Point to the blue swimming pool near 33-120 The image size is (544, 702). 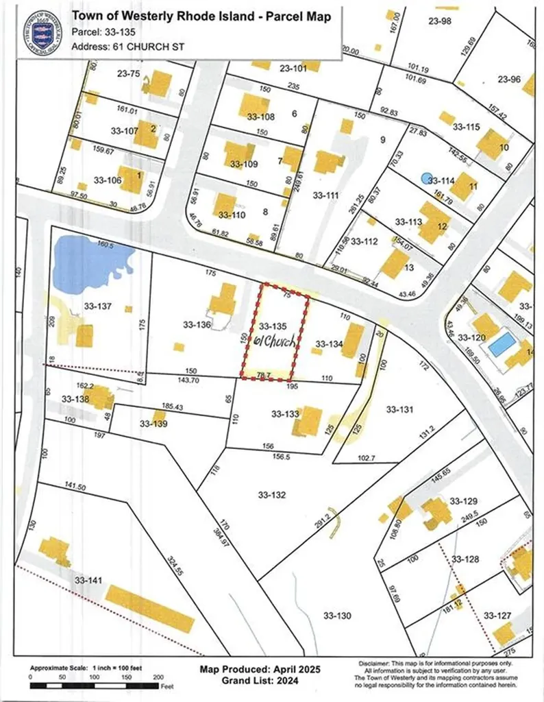502,343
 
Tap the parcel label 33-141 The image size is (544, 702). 88,581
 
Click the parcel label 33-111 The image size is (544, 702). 325,195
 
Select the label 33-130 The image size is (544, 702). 337,616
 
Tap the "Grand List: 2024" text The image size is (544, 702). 260,680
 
